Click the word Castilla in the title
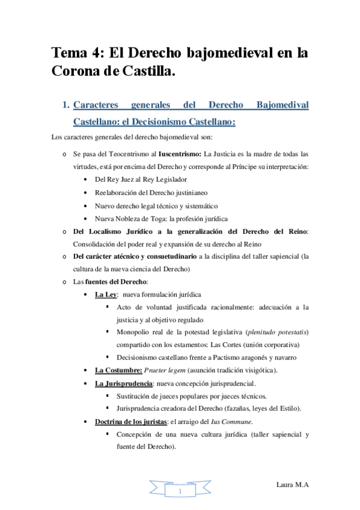[x=148, y=72]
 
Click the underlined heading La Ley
[x=106, y=295]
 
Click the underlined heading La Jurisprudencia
[x=123, y=383]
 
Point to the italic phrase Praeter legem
[x=183, y=369]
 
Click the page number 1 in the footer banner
[x=180, y=492]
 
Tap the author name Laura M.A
[x=293, y=485]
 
